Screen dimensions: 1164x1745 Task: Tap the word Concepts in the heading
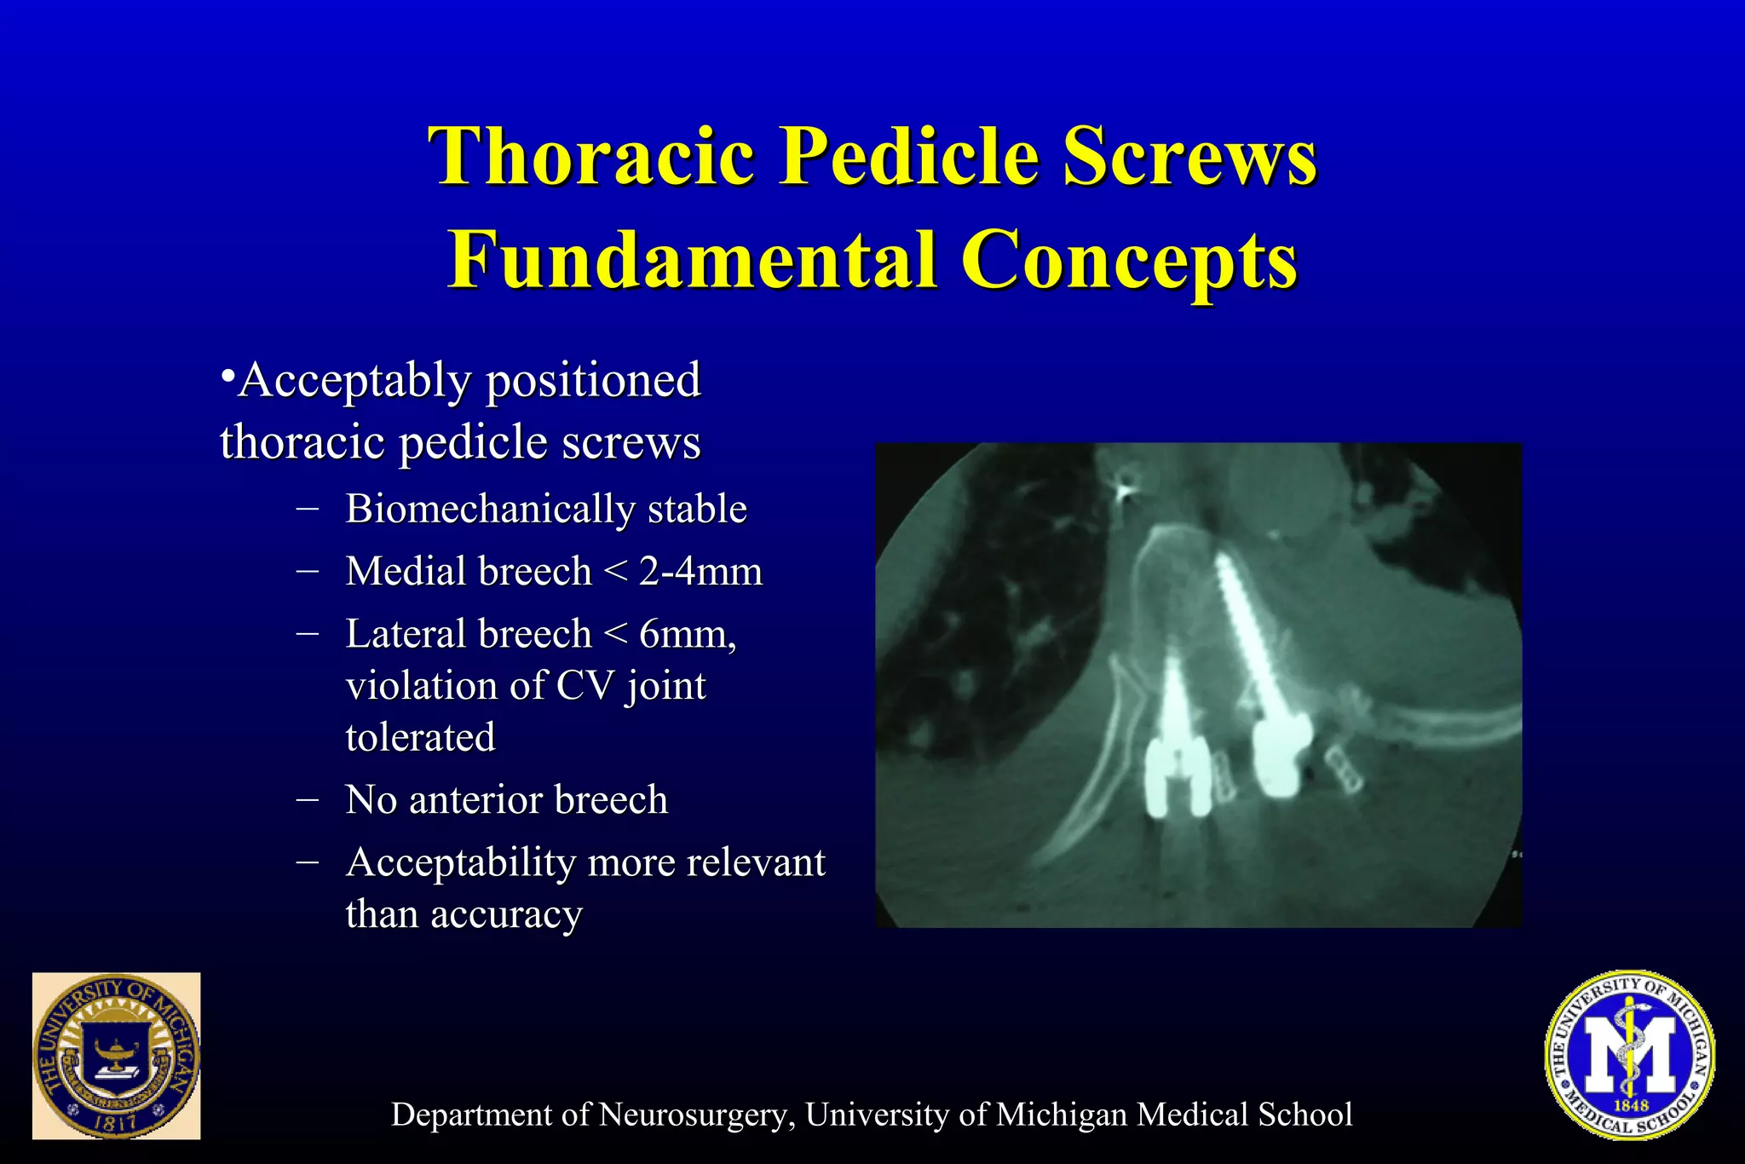1130,259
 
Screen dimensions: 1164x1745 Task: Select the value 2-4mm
701,571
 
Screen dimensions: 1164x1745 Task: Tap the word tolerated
420,737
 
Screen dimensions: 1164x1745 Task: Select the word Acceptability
461,862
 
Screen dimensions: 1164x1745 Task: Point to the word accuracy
506,914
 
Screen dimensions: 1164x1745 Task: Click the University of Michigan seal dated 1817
117,1056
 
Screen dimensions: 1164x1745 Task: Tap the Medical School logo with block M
1629,1055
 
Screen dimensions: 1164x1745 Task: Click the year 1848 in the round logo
1631,1105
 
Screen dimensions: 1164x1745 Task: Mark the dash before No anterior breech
308,799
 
